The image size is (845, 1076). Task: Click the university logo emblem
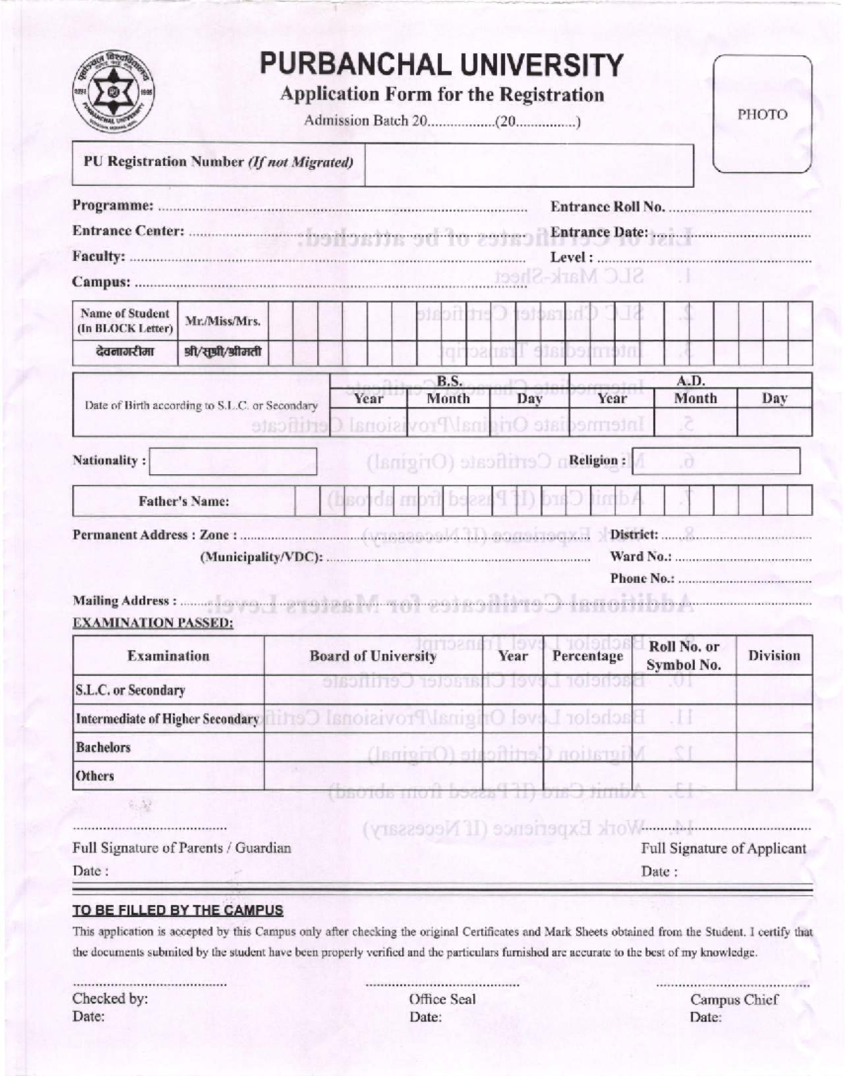pos(114,92)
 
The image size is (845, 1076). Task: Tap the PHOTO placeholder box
pos(762,114)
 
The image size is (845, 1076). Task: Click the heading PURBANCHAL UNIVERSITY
pos(442,65)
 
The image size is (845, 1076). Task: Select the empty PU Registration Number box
pos(528,165)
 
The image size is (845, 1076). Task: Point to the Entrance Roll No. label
pos(607,207)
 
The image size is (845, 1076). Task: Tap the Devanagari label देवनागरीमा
pos(125,351)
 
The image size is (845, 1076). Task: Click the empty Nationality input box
pos(232,461)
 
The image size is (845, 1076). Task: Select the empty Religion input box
pos(715,461)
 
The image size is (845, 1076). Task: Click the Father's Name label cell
pos(184,501)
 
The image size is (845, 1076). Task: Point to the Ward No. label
pos(640,556)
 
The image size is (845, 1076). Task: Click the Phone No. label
pos(641,578)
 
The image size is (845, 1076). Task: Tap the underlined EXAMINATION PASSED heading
pos(153,623)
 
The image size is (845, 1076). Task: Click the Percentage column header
pos(587,656)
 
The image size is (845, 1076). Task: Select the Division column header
pos(774,656)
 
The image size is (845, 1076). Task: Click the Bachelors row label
pos(104,748)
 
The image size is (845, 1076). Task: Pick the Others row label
pos(95,776)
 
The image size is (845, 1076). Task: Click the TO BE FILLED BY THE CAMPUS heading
pos(177,910)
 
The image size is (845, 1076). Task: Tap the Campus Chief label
pos(734,999)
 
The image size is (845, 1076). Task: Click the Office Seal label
pos(442,999)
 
